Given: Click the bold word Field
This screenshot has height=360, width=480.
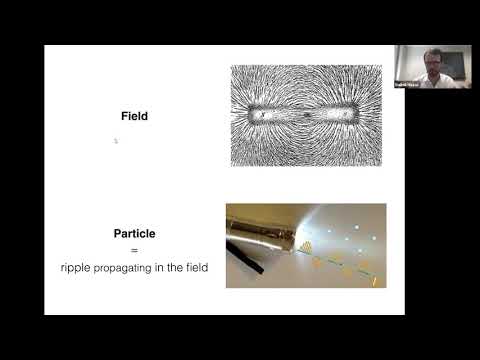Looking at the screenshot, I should point(133,116).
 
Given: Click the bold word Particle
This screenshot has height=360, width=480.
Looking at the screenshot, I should point(134,233).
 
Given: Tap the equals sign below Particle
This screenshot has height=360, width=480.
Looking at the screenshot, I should point(134,250).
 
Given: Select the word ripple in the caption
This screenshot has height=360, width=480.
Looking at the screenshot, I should point(74,267).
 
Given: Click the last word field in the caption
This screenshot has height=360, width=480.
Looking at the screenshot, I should point(195,267).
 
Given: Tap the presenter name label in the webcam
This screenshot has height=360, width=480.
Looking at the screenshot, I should point(407,84).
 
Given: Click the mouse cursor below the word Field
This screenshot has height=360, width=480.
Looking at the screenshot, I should point(116,141).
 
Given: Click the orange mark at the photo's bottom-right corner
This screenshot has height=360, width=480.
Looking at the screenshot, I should point(375,281).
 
